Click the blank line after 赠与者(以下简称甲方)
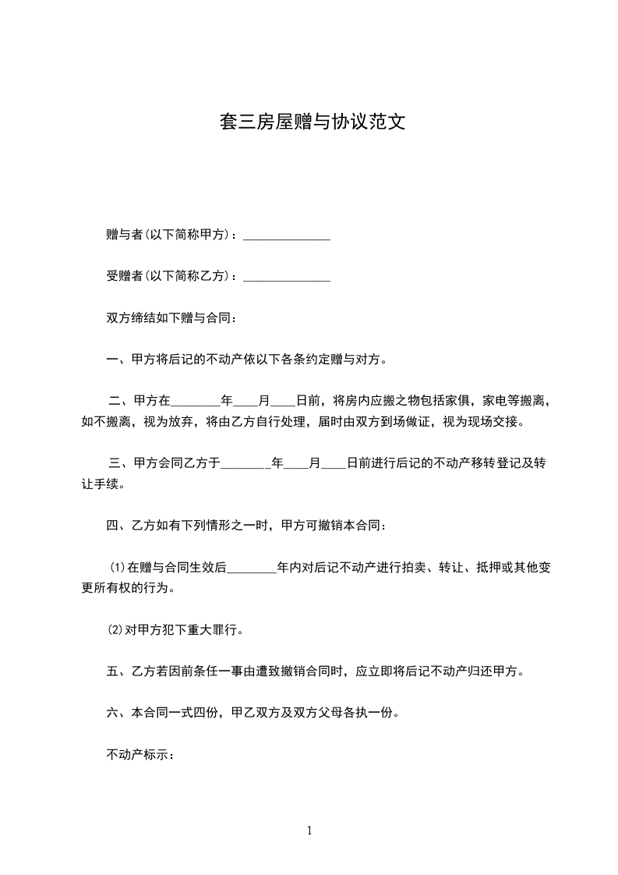287,235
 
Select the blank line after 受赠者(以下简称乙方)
287,276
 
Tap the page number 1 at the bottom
309,831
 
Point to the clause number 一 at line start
111,360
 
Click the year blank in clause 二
195,402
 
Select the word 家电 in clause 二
494,402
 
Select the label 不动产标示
137,755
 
